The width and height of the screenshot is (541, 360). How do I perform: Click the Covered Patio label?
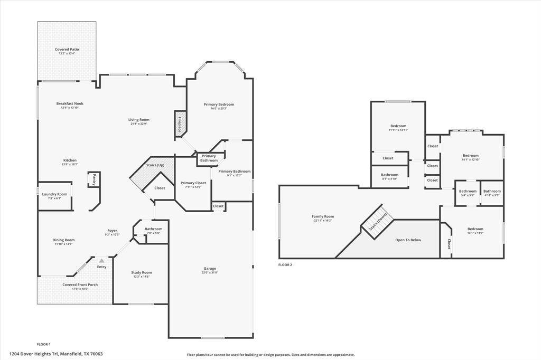[67, 49]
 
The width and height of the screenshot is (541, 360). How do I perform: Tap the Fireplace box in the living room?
[180, 124]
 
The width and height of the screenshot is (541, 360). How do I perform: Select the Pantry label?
[94, 179]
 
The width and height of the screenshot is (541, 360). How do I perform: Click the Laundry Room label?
[55, 194]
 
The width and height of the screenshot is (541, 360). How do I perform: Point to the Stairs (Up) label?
[155, 165]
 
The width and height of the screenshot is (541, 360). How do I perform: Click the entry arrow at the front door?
[101, 261]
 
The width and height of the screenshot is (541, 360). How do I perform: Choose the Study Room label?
[141, 272]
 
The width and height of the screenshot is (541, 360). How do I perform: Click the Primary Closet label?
[193, 183]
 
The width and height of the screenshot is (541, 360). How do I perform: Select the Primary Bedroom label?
[219, 105]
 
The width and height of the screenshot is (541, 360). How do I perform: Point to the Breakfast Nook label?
[70, 103]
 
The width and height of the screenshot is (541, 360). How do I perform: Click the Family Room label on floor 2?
[323, 216]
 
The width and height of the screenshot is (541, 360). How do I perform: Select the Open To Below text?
[408, 240]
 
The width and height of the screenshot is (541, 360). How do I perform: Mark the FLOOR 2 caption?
[285, 265]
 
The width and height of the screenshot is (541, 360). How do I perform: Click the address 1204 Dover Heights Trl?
[56, 354]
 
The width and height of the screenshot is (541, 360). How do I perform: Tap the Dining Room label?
[64, 240]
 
